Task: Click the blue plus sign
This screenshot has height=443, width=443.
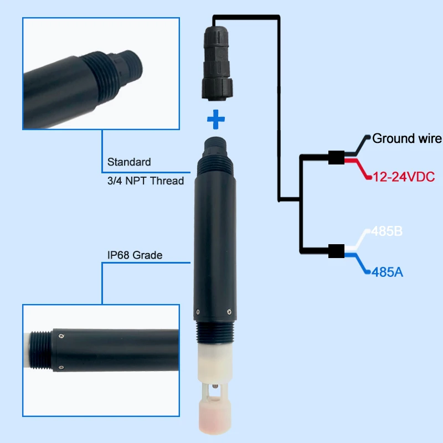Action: [x=216, y=119]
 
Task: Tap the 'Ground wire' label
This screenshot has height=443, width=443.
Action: [x=407, y=138]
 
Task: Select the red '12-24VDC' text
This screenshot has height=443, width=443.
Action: [x=404, y=177]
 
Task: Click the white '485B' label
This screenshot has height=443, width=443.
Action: [x=387, y=231]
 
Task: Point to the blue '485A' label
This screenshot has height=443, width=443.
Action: [x=387, y=272]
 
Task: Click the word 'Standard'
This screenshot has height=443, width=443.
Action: [x=129, y=162]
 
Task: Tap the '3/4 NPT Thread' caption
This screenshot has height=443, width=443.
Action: [x=146, y=181]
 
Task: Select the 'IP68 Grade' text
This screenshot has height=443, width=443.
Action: [x=135, y=255]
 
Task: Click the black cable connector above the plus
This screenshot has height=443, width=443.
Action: [x=217, y=63]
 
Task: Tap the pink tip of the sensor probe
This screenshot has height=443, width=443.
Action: [x=215, y=416]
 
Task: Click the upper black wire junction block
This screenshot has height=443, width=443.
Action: [x=336, y=157]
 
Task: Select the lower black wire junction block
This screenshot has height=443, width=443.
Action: [x=336, y=251]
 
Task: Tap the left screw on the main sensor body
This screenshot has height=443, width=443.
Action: [x=198, y=312]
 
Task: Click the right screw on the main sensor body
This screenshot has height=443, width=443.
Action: [x=229, y=312]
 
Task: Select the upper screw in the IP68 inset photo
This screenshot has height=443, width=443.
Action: [x=61, y=336]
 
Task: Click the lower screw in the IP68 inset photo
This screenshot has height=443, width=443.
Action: [x=61, y=368]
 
